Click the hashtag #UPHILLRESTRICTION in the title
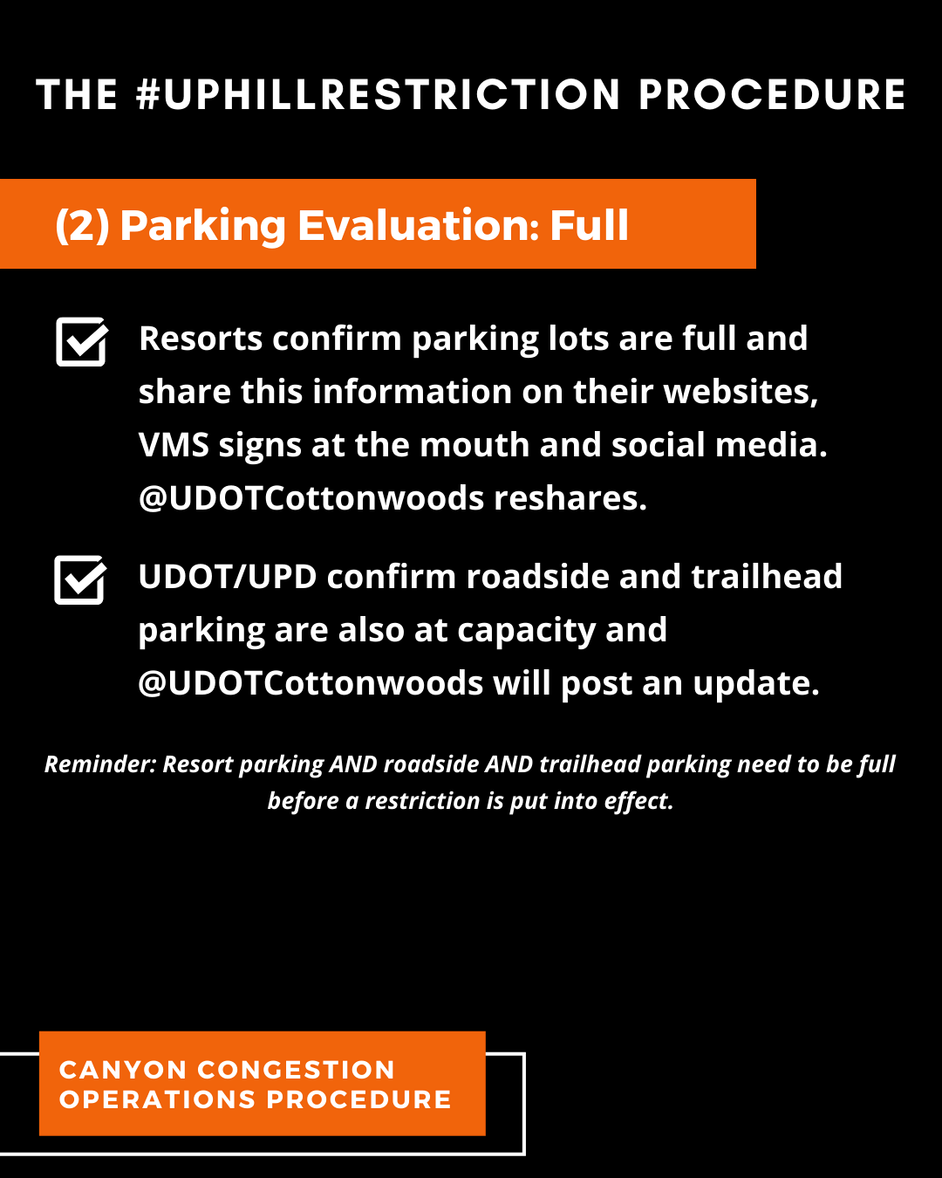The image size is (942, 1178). [379, 95]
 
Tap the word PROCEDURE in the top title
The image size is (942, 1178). [772, 95]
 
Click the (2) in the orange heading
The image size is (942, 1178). [82, 225]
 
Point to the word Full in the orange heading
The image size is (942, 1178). [589, 225]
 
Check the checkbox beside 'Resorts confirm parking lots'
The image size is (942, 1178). [81, 341]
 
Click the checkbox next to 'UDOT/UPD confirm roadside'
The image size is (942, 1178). [80, 579]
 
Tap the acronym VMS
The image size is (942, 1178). [174, 445]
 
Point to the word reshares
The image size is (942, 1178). [570, 498]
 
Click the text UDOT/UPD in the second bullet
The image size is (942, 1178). [227, 577]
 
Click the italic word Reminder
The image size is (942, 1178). [100, 764]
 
